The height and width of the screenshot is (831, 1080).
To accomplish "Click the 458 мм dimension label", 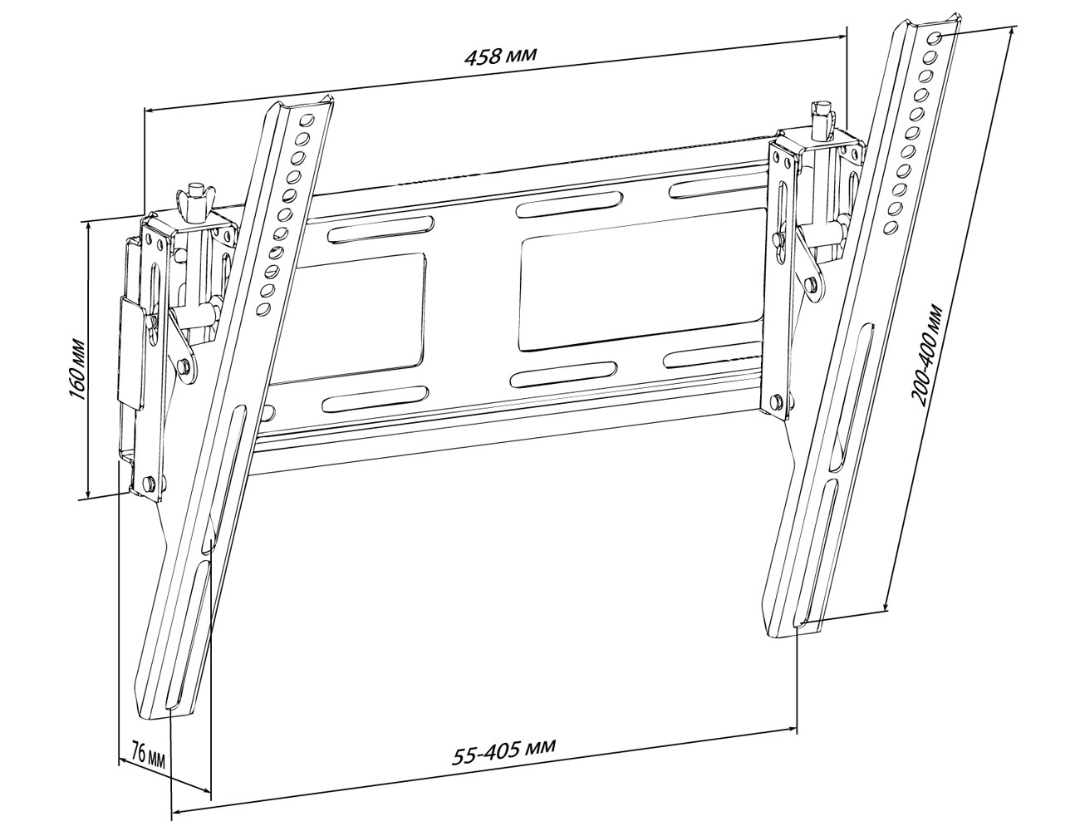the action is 501,56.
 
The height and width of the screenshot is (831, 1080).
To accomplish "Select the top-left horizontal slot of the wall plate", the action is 380,229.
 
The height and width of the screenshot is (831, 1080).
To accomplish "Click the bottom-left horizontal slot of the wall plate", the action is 376,399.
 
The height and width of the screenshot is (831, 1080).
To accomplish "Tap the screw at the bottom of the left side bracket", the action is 149,481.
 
